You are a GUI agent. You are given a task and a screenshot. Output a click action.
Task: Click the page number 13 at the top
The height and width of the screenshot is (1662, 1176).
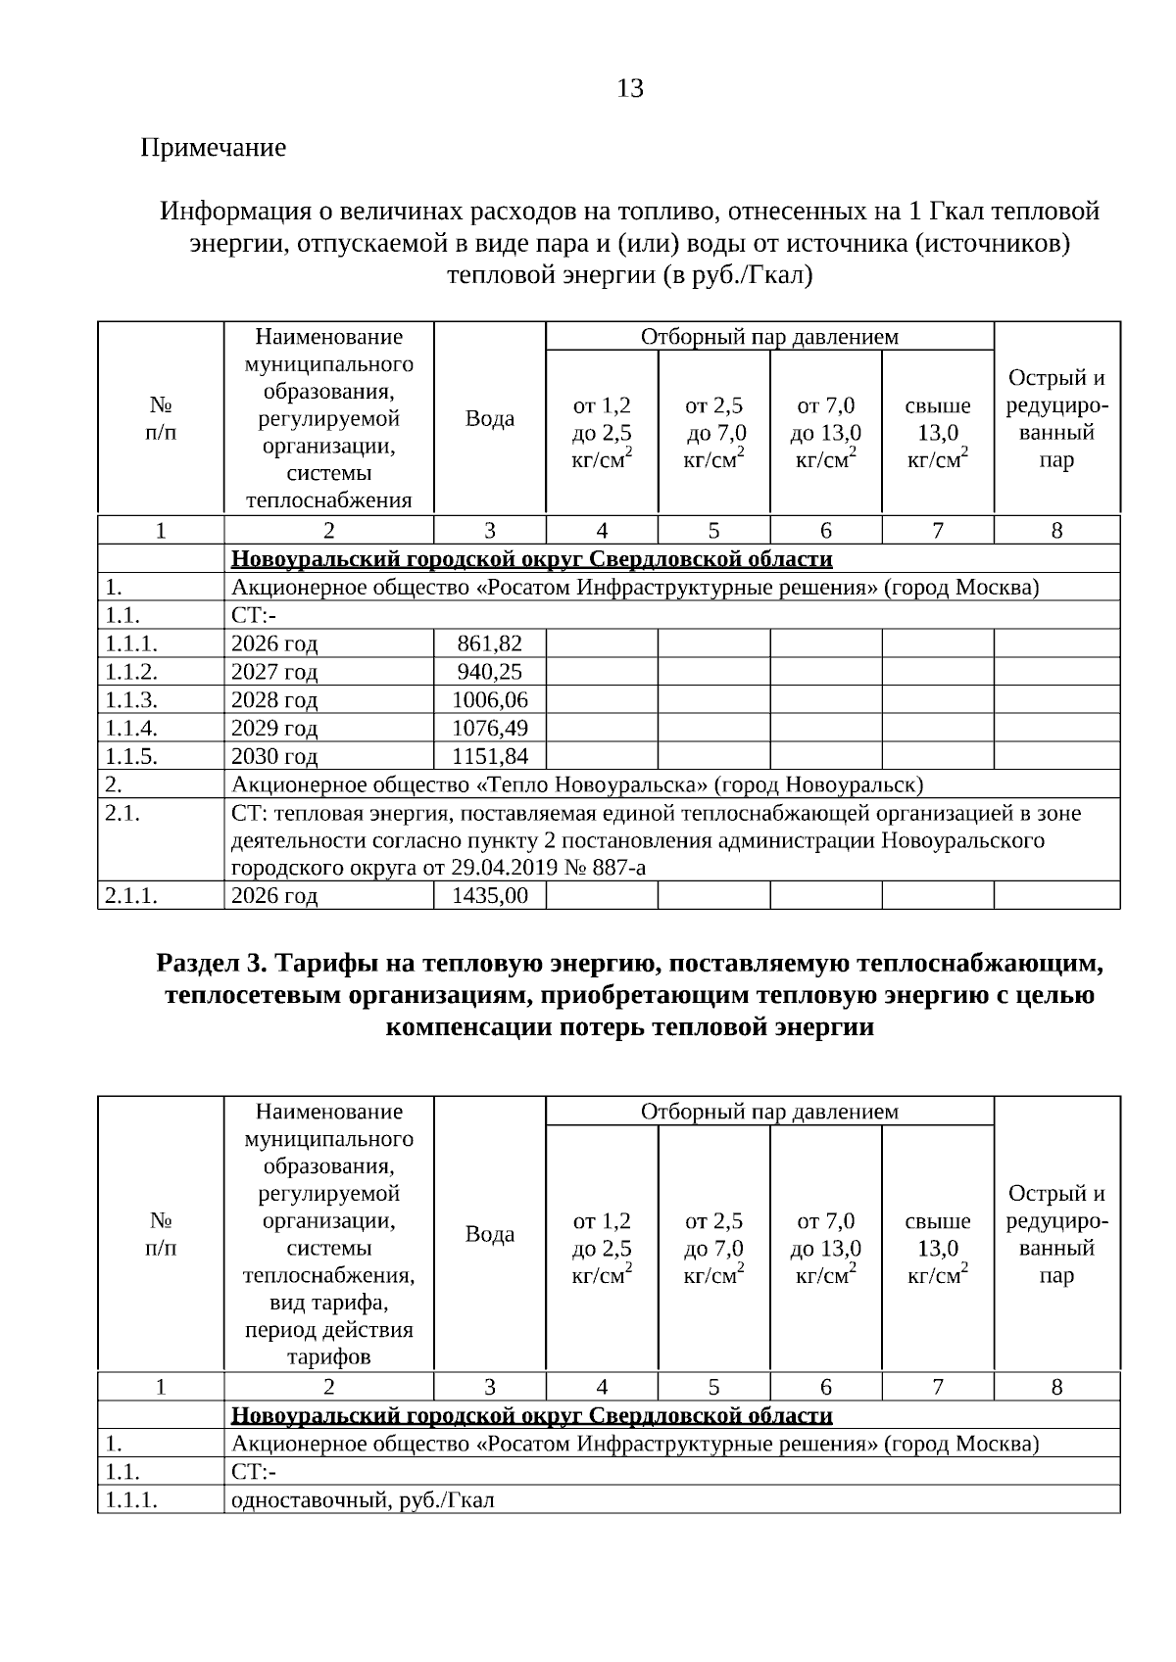point(630,89)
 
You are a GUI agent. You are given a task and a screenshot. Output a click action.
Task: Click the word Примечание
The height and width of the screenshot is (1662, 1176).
point(214,148)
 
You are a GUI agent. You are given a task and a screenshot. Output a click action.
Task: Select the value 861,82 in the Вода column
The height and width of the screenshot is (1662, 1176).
point(489,643)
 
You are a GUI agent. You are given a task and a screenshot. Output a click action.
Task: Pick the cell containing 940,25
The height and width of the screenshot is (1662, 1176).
point(489,672)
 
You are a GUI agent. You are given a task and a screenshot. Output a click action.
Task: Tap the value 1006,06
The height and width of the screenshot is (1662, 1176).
point(489,699)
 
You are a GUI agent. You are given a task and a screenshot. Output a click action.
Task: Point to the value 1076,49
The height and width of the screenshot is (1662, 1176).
point(489,728)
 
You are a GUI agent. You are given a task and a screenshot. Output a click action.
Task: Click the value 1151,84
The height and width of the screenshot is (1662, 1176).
point(489,756)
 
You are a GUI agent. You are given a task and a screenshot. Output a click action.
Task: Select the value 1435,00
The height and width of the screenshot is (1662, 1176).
point(489,895)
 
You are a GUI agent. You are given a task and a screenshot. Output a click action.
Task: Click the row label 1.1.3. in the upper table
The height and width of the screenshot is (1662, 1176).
point(131,699)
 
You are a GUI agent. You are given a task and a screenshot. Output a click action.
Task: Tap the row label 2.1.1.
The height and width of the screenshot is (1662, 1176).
point(131,895)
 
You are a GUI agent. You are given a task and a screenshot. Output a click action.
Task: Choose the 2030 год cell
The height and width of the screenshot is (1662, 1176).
point(274,756)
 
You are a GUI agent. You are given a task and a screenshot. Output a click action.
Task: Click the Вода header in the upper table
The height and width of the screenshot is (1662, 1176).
point(489,418)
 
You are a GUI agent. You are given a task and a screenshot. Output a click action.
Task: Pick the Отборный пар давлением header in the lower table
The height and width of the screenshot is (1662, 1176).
point(769,1112)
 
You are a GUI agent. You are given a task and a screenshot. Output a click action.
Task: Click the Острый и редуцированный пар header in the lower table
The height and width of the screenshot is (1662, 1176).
point(1056,1234)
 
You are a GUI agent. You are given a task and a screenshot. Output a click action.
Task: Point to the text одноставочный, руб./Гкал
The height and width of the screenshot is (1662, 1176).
point(363,1499)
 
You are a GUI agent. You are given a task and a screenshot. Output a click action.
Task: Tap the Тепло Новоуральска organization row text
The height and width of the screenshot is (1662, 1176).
point(576,784)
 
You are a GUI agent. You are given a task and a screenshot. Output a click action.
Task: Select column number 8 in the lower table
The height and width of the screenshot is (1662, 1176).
point(1056,1387)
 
